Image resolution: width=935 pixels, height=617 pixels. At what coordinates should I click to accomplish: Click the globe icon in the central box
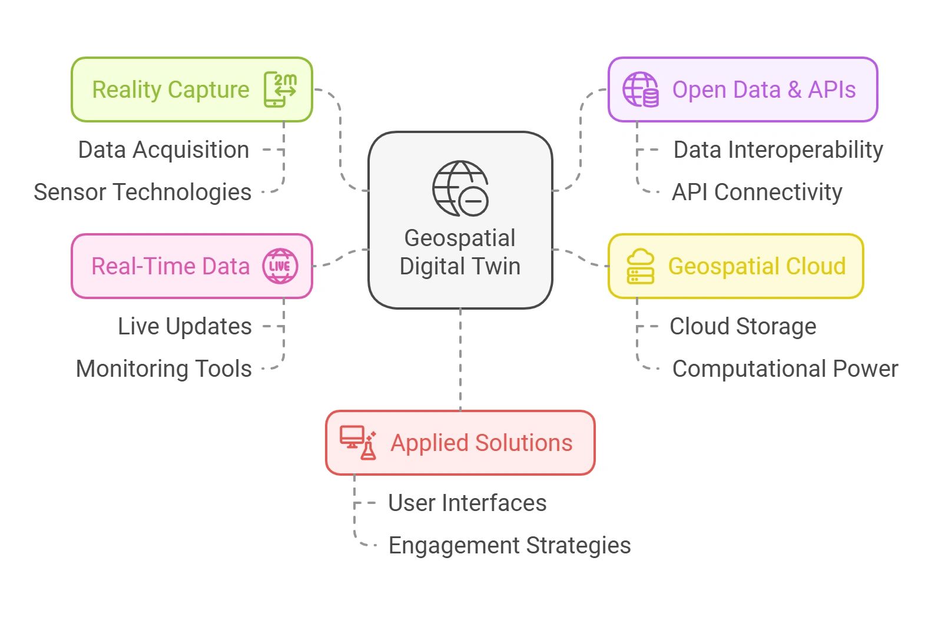460,188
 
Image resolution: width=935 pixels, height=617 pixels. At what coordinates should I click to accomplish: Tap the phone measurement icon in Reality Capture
280,89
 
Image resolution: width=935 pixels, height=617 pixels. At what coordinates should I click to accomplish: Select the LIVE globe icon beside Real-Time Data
280,266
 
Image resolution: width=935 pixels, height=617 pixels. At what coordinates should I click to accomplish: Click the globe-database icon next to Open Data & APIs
641,89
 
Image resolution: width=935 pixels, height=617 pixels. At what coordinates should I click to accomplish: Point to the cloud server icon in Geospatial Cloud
641,266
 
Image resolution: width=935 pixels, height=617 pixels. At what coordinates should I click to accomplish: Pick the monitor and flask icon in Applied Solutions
358,443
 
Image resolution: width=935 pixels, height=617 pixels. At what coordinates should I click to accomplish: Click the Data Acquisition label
164,150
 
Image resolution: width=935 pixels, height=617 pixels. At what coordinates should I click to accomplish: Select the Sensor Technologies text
142,193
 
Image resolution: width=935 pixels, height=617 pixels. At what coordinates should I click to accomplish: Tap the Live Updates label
185,327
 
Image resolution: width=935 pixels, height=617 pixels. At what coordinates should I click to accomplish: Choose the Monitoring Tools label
164,369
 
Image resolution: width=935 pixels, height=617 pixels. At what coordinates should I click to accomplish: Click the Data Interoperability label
778,150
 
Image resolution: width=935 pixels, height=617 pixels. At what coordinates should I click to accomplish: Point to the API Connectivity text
757,193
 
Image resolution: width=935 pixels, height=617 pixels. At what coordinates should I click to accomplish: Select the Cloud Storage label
743,327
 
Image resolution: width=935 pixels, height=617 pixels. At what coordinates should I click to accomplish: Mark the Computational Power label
785,369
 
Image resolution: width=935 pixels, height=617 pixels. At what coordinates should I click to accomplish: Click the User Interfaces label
467,503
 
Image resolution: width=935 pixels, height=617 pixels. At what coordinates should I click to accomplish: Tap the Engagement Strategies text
509,546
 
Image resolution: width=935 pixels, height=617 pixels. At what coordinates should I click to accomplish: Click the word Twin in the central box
493,266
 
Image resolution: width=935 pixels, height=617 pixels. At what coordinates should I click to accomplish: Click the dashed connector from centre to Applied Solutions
460,359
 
